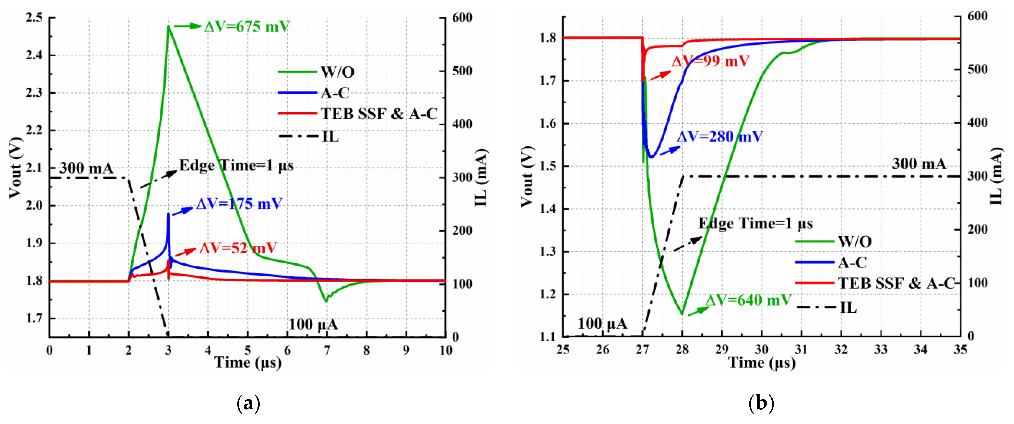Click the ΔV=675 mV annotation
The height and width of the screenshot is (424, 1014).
pyautogui.click(x=247, y=27)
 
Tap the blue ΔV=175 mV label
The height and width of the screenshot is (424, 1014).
pyautogui.click(x=239, y=204)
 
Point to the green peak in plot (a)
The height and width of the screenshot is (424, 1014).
pyautogui.click(x=169, y=27)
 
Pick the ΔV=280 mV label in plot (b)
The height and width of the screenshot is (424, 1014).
pyautogui.click(x=720, y=137)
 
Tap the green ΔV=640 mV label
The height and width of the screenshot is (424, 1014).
pyautogui.click(x=748, y=300)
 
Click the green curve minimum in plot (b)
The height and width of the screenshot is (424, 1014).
pyautogui.click(x=682, y=314)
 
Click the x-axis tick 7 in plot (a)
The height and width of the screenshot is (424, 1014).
pyautogui.click(x=327, y=350)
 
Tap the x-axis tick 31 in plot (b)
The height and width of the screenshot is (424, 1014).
pyautogui.click(x=801, y=349)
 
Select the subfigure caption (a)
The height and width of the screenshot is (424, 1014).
pyautogui.click(x=248, y=404)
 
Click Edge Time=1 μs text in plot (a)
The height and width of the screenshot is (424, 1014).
pyautogui.click(x=236, y=165)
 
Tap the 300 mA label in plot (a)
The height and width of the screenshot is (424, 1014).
pyautogui.click(x=86, y=169)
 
